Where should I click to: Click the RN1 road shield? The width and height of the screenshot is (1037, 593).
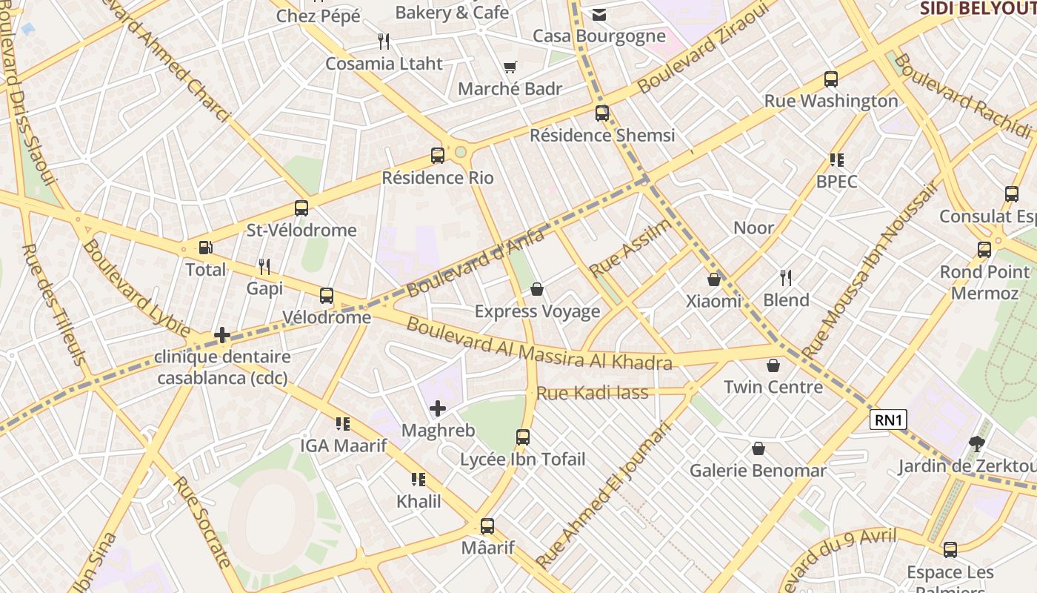[888, 420]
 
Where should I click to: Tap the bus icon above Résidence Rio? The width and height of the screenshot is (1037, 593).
[438, 156]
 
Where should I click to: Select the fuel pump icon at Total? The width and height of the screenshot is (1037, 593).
[205, 248]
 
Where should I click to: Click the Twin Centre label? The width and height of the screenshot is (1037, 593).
[773, 387]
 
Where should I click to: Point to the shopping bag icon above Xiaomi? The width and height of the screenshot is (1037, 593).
[714, 279]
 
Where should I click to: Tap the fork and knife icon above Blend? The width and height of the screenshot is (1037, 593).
[786, 278]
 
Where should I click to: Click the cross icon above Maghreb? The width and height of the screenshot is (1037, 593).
[438, 408]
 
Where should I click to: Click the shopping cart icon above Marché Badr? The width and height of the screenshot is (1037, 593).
[510, 67]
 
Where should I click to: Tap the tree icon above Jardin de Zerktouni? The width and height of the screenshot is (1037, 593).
[977, 444]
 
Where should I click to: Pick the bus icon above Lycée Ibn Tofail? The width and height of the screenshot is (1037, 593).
[523, 437]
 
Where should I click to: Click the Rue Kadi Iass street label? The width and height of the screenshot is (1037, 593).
[592, 393]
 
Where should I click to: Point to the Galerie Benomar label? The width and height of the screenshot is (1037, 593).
[758, 471]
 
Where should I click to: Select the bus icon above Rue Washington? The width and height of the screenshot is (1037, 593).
[831, 79]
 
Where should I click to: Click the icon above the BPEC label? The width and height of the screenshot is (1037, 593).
[837, 160]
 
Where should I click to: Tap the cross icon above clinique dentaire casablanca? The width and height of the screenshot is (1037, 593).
[222, 336]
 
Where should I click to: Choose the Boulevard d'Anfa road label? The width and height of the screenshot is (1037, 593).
[476, 263]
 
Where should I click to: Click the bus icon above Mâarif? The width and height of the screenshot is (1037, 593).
[487, 526]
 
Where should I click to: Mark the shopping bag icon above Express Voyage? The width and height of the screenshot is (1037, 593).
[537, 289]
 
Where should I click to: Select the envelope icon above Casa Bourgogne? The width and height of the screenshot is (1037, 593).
[599, 15]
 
